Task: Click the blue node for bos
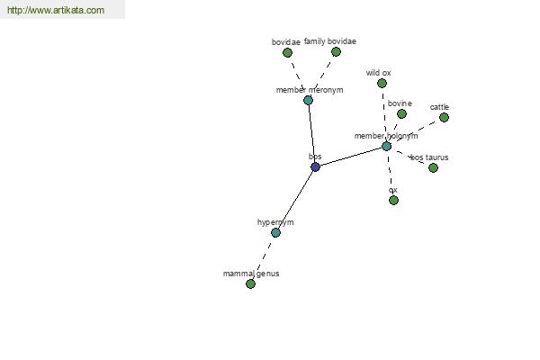(315, 167)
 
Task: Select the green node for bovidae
(287, 53)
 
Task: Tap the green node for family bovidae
(336, 52)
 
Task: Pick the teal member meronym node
(308, 100)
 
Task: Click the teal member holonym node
(386, 147)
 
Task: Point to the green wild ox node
(382, 84)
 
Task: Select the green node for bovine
(401, 113)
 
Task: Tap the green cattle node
(444, 118)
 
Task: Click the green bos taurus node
(433, 167)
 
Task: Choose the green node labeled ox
(393, 200)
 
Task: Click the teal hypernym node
(275, 233)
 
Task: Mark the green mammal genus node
(250, 283)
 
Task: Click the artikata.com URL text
(56, 10)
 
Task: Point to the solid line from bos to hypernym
(295, 200)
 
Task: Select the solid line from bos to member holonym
(351, 157)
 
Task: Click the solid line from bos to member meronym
(311, 134)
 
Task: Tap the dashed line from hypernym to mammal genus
(263, 258)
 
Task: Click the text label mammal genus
(251, 274)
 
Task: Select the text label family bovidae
(330, 41)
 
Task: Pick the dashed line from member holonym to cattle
(415, 132)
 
